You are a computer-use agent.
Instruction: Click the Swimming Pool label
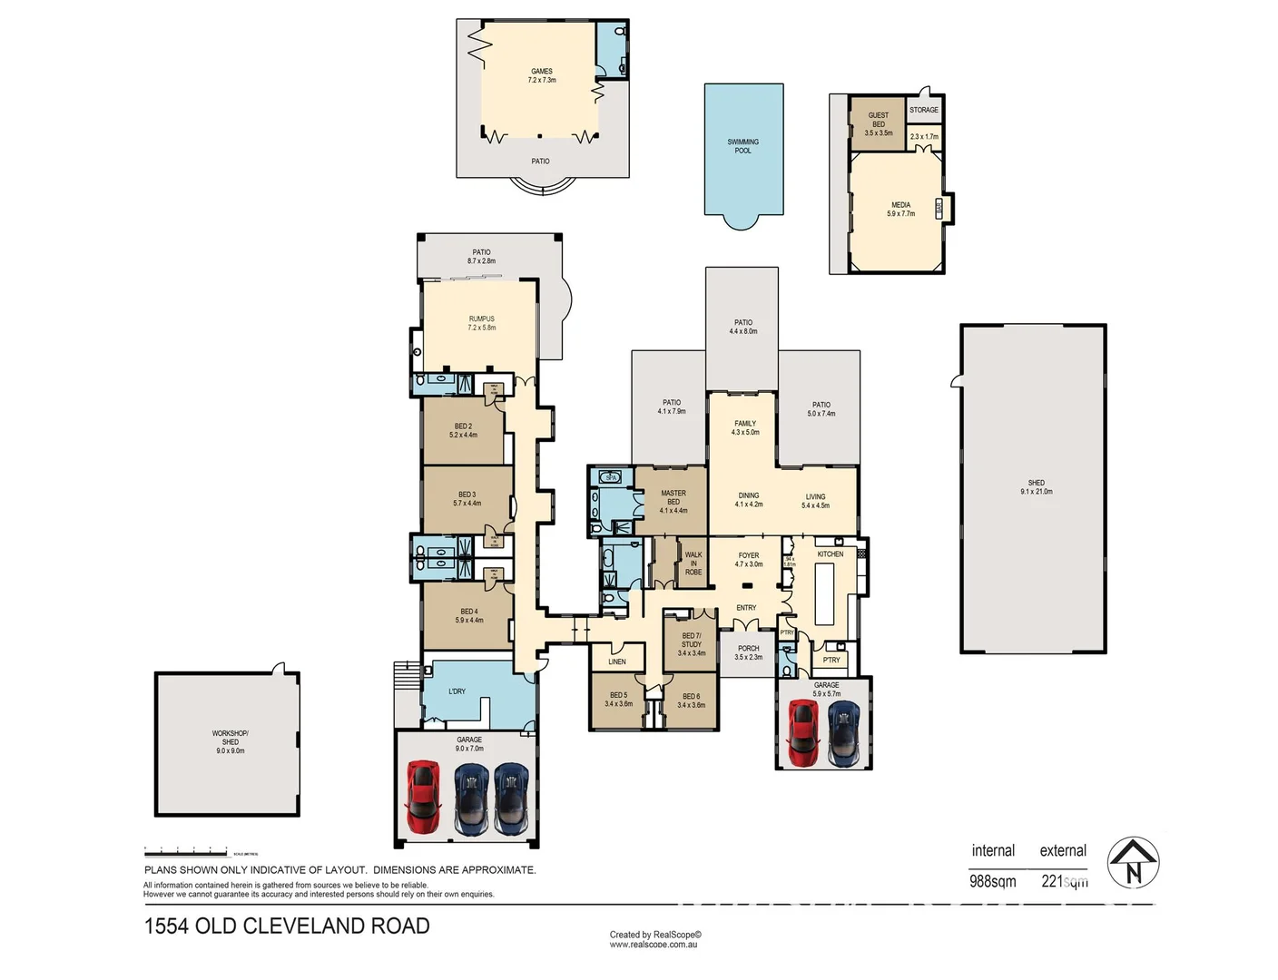point(742,146)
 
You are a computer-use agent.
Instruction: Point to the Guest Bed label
point(878,120)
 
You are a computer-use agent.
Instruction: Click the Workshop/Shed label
point(230,738)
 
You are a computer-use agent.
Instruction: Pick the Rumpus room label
point(481,319)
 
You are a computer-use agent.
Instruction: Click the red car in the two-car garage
point(802,731)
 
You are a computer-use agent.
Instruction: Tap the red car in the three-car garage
point(423,796)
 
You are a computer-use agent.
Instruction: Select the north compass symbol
point(1134,862)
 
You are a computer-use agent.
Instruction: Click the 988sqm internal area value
point(992,881)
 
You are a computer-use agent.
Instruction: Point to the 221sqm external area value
point(1064,881)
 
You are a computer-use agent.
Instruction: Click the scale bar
point(186,853)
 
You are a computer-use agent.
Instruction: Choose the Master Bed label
point(673,497)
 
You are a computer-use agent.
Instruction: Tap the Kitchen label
point(830,554)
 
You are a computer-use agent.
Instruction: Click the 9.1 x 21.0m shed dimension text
point(1036,492)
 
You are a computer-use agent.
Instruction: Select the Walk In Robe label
point(693,563)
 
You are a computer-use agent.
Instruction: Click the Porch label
point(748,649)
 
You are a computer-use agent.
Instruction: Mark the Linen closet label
point(616,661)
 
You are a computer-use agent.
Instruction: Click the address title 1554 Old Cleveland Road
point(287,926)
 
